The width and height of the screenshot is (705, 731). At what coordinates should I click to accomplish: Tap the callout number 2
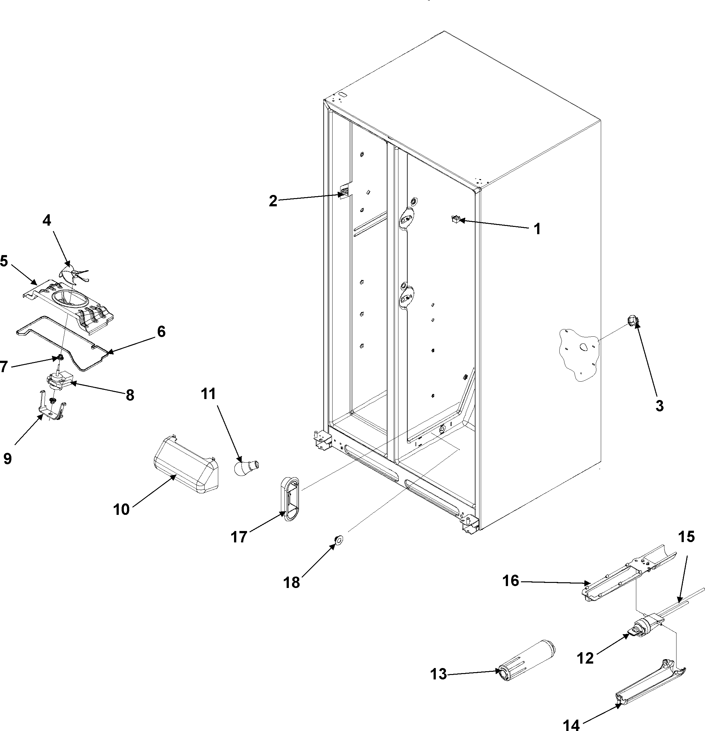tap(273, 201)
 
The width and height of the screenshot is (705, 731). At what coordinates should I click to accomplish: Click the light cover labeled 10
tap(186, 465)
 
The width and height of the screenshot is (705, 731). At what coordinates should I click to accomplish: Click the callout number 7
tap(3, 367)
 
